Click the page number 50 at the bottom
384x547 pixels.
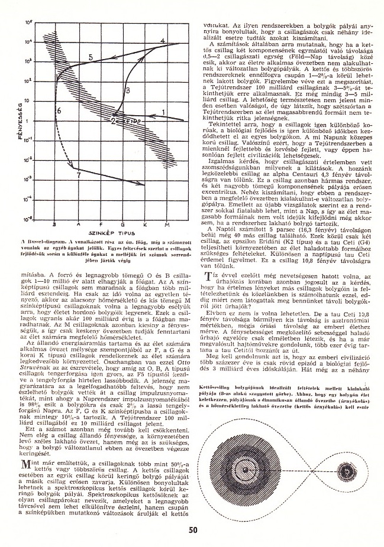pos(192,530)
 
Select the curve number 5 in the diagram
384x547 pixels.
pos(91,56)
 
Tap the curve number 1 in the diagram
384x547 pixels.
pos(163,111)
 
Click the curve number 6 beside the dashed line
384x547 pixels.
pos(59,111)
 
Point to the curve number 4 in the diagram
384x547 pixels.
pos(163,41)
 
